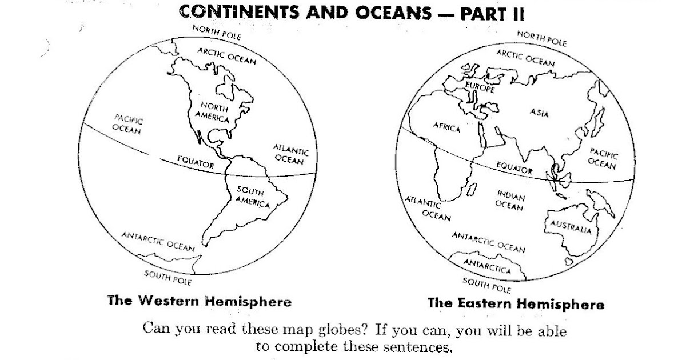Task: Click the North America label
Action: pyautogui.click(x=215, y=113)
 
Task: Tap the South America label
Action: pyautogui.click(x=252, y=197)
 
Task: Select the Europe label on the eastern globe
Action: pyautogui.click(x=479, y=87)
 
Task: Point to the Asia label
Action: pyautogui.click(x=539, y=113)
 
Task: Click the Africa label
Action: pyautogui.click(x=446, y=127)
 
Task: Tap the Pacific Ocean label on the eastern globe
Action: pyautogui.click(x=603, y=158)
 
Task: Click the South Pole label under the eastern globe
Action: pyautogui.click(x=486, y=283)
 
